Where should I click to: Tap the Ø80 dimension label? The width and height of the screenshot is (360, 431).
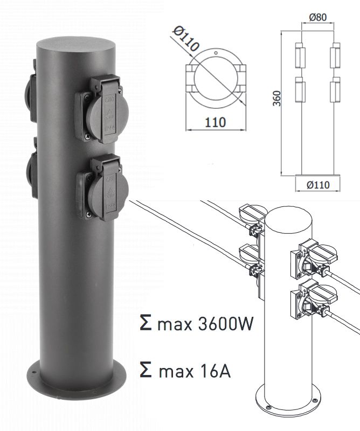click(318, 17)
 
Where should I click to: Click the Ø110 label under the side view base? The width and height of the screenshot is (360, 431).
click(318, 185)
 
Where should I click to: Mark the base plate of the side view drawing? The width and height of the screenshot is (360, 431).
click(318, 176)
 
